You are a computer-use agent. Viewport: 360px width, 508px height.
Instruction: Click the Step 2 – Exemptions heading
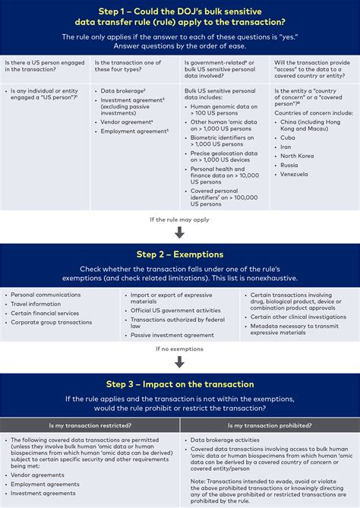(x=180, y=254)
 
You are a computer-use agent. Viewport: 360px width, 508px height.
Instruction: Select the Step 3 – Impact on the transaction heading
(x=180, y=384)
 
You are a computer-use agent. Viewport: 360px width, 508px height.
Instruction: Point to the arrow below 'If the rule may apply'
(x=180, y=232)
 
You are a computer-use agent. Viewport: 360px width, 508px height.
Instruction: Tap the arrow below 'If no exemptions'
(x=180, y=362)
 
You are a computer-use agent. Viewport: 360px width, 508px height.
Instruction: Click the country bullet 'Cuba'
(x=287, y=137)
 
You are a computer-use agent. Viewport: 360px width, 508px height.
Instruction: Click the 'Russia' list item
(x=289, y=165)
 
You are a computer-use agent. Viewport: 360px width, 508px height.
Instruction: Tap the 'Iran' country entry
(x=286, y=147)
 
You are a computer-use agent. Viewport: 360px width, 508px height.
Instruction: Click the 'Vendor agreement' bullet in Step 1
(x=127, y=121)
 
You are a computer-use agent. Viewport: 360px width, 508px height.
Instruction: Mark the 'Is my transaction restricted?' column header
(x=90, y=425)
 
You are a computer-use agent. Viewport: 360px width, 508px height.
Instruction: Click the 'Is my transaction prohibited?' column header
(x=270, y=425)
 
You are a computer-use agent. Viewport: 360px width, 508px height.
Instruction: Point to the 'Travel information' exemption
(x=36, y=304)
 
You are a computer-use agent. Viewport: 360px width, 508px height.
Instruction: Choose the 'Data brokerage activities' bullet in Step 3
(x=225, y=440)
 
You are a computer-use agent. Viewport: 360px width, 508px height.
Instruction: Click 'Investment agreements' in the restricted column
(x=38, y=493)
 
